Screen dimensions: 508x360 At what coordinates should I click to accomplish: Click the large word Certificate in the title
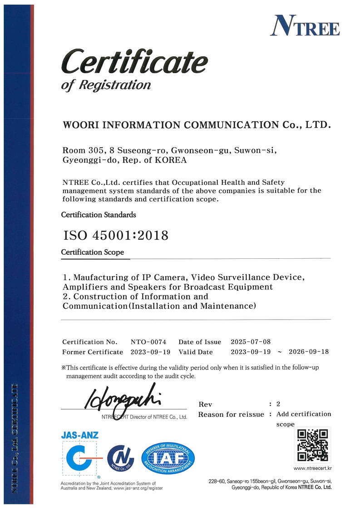pyautogui.click(x=134, y=63)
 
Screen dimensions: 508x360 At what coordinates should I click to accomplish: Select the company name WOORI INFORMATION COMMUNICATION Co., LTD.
pyautogui.click(x=197, y=124)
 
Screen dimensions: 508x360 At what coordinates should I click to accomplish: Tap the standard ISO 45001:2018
pyautogui.click(x=115, y=236)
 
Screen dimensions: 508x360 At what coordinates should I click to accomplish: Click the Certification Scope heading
pyautogui.click(x=93, y=252)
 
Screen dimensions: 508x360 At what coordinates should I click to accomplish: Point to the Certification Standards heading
pyautogui.click(x=99, y=214)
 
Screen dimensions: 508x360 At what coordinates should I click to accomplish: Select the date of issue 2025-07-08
pyautogui.click(x=251, y=342)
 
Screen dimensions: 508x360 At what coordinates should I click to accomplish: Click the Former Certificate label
pyautogui.click(x=92, y=352)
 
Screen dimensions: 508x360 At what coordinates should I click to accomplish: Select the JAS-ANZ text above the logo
pyautogui.click(x=79, y=435)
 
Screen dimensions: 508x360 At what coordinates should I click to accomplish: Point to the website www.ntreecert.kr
pyautogui.click(x=313, y=468)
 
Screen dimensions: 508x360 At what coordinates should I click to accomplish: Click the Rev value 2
pyautogui.click(x=278, y=404)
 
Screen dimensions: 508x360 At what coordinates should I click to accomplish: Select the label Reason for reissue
pyautogui.click(x=231, y=414)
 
